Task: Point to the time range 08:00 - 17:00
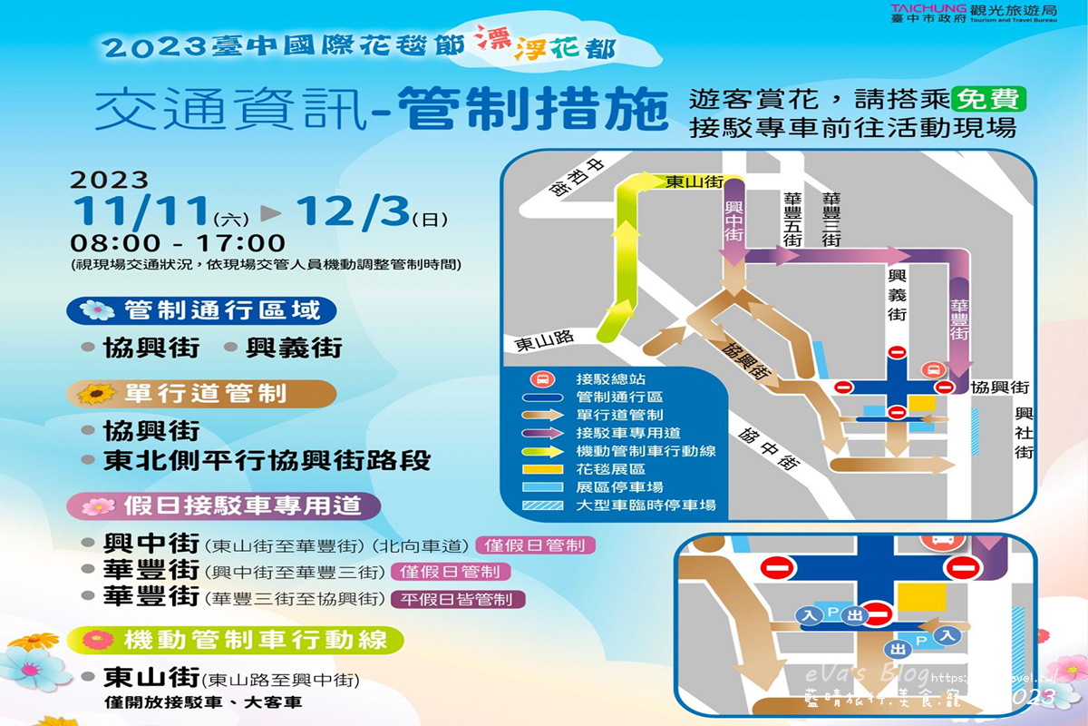pyautogui.click(x=178, y=244)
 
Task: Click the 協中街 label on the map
pyautogui.click(x=769, y=447)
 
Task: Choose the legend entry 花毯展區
pyautogui.click(x=610, y=468)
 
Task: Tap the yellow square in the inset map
pyautogui.click(x=921, y=596)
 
